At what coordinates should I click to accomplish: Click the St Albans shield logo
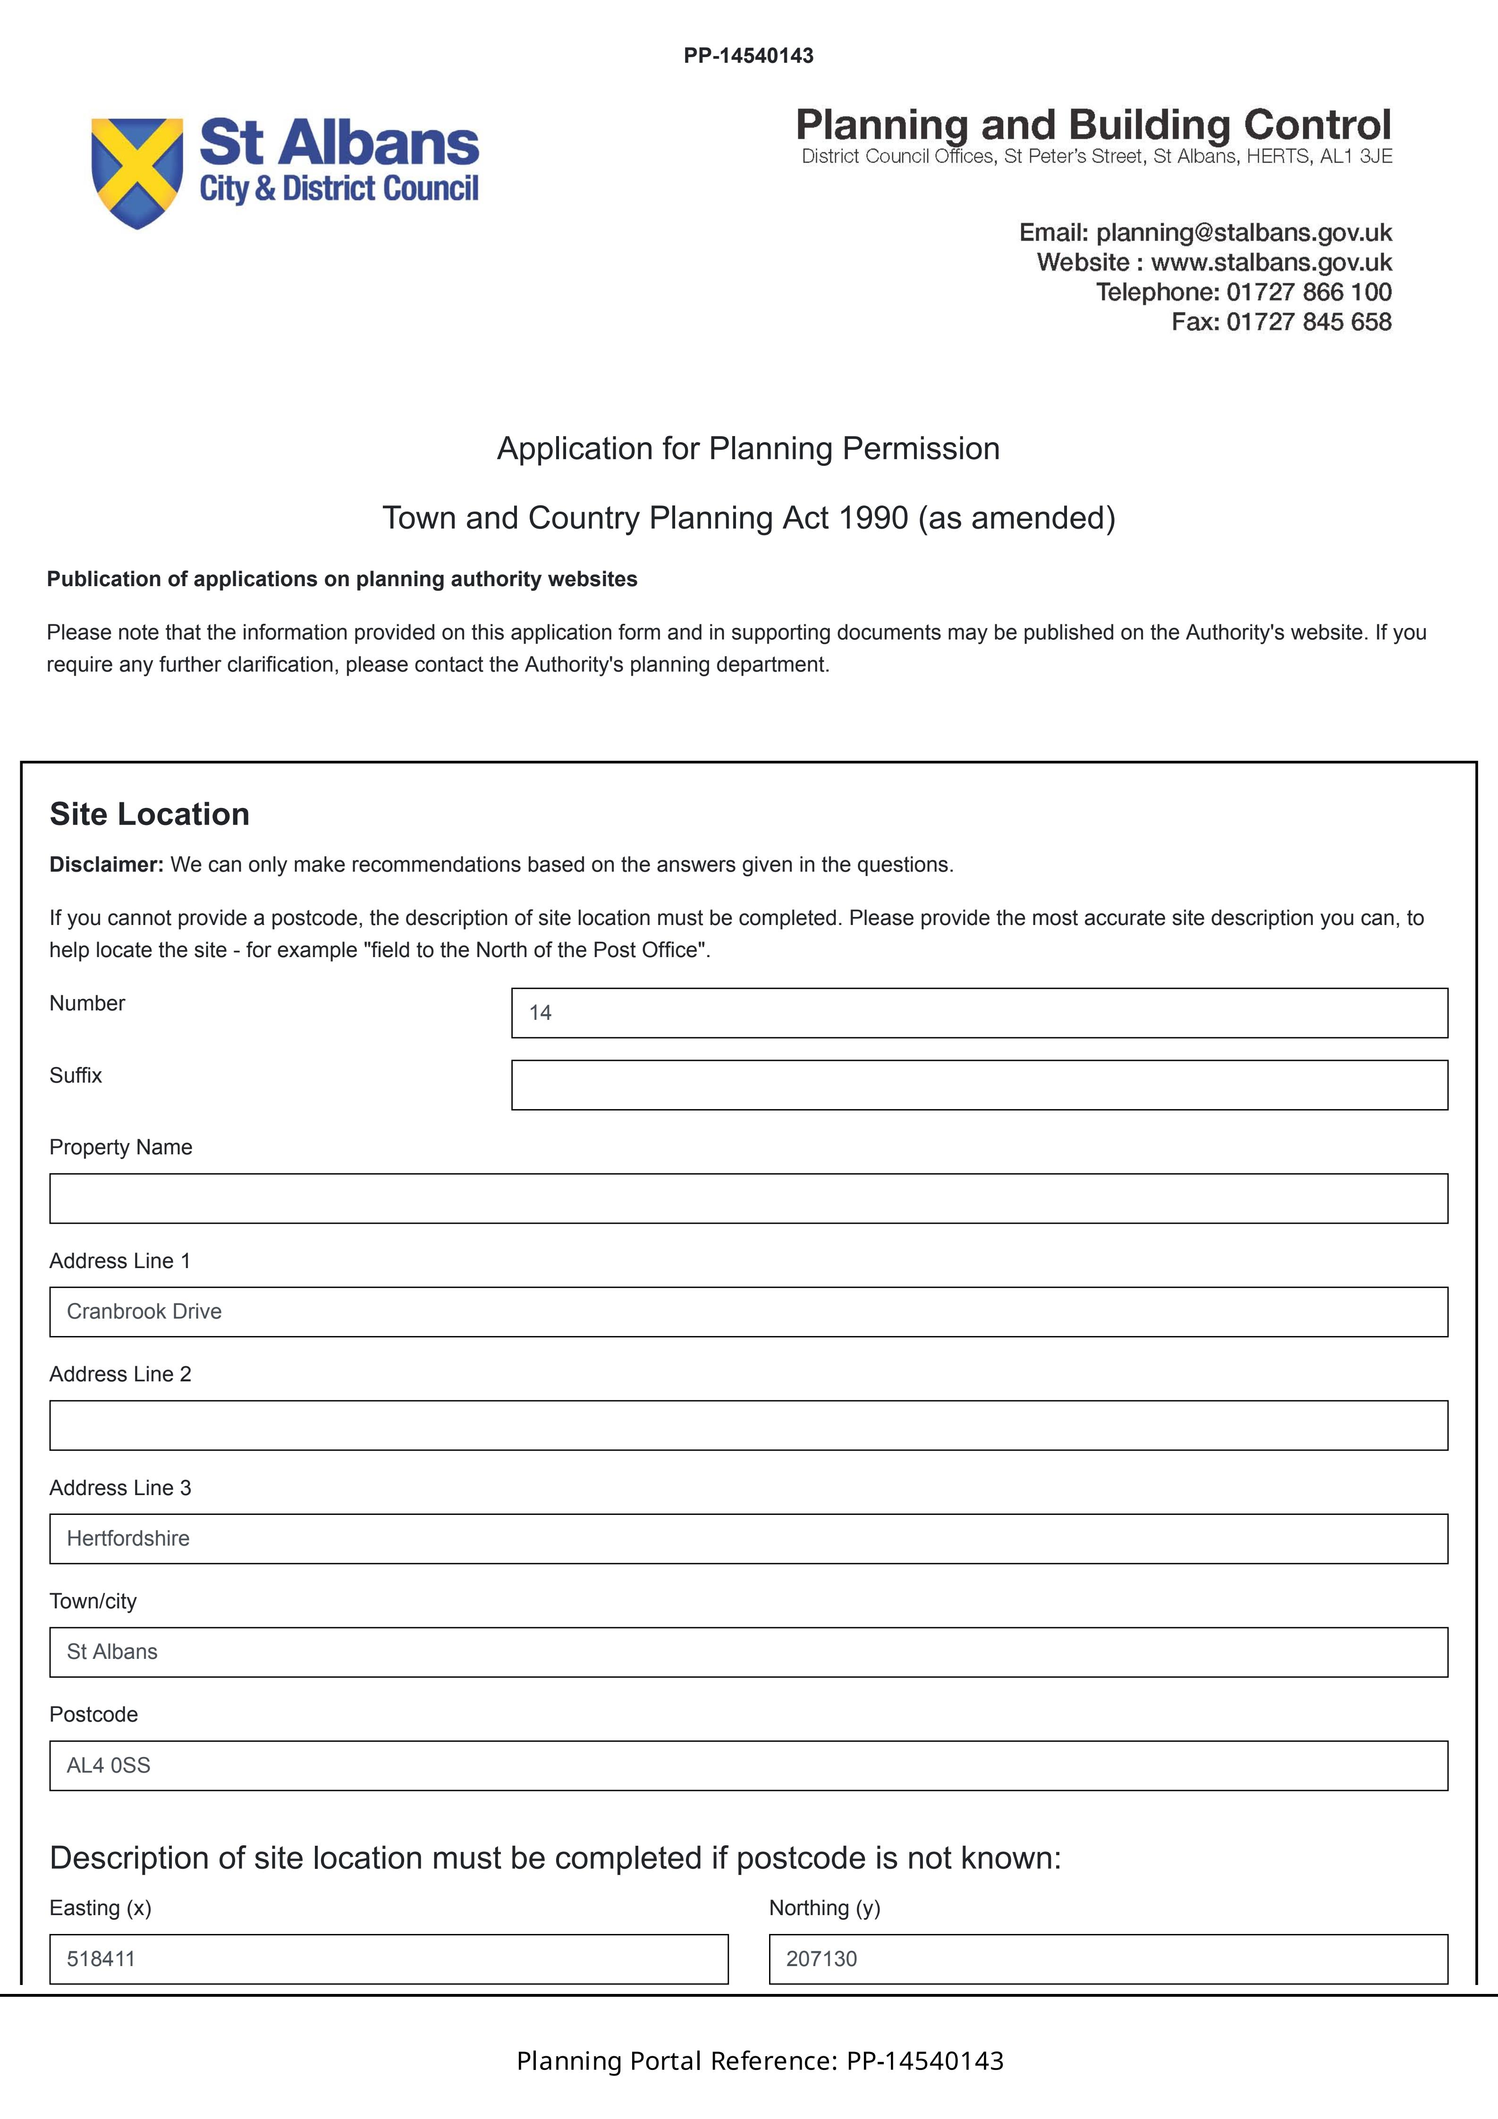click(136, 173)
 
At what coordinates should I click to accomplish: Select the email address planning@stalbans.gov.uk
click(1243, 233)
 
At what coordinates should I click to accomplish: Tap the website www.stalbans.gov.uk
click(1271, 262)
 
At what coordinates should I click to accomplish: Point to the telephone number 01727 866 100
click(1309, 293)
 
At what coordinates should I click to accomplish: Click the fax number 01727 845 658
click(1309, 322)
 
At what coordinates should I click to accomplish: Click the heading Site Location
click(150, 814)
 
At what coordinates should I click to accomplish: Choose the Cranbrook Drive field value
click(145, 1312)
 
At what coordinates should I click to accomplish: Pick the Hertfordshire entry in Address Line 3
click(128, 1539)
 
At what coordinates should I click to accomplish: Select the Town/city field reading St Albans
click(113, 1652)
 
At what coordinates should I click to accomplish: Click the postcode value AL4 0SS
click(109, 1766)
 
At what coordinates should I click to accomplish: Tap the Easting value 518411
click(102, 1959)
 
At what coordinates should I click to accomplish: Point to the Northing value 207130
click(821, 1959)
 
